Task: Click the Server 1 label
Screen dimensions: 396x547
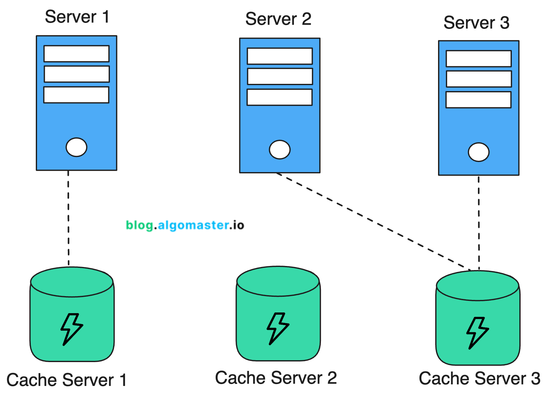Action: [77, 17]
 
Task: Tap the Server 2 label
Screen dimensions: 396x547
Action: [278, 19]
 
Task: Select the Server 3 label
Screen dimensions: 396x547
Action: [476, 23]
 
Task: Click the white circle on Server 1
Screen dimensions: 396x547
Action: [76, 147]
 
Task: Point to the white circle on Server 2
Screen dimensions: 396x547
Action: [279, 149]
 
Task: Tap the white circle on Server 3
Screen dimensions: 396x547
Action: [478, 152]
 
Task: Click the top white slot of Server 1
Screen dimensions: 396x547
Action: [76, 54]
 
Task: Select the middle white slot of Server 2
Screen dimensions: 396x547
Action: [280, 76]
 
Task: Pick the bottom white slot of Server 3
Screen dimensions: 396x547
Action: [478, 100]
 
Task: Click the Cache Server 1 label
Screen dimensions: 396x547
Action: [67, 380]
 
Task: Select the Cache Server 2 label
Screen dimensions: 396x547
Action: [276, 377]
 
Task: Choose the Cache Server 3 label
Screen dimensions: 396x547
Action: [479, 378]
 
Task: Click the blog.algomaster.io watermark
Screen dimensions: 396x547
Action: [185, 225]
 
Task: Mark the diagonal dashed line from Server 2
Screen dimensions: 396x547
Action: [374, 221]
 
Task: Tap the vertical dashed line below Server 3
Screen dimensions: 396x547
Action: [479, 223]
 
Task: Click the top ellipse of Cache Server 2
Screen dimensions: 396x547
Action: [278, 281]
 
